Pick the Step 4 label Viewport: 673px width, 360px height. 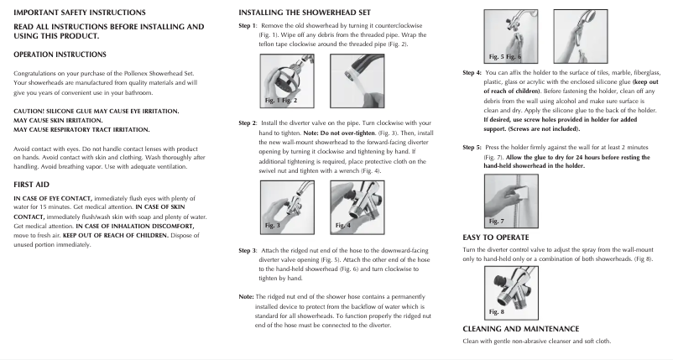(472, 72)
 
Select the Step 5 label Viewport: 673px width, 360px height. (472, 147)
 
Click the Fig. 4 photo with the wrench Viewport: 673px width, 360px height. (354, 207)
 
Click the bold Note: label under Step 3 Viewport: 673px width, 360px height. (247, 297)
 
